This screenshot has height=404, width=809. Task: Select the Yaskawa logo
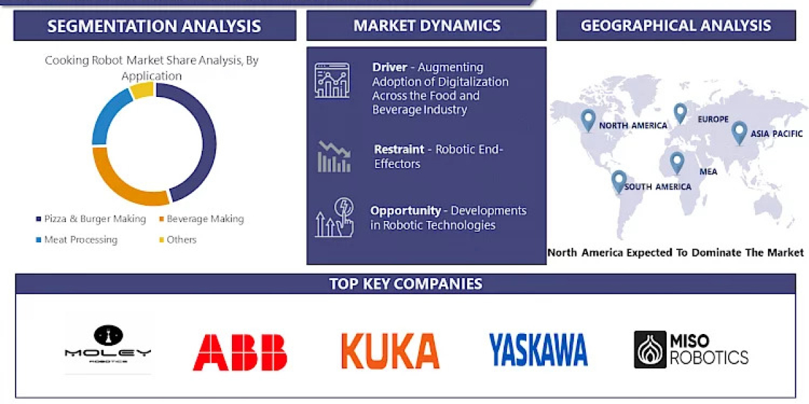(538, 350)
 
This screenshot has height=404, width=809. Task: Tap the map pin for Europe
(680, 113)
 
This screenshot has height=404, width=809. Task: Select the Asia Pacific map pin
(740, 132)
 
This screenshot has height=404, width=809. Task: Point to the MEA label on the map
(708, 172)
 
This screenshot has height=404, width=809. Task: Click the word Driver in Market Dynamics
(390, 67)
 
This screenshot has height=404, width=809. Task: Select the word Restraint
(399, 149)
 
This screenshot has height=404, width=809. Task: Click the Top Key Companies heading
(405, 283)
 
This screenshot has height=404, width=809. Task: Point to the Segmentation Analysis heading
(154, 26)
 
